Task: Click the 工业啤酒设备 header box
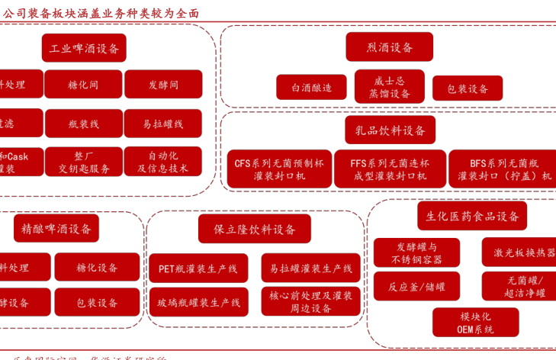pyautogui.click(x=84, y=48)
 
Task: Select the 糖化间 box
pyautogui.click(x=83, y=85)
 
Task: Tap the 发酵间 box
pyautogui.click(x=163, y=85)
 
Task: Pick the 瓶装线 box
pyautogui.click(x=83, y=124)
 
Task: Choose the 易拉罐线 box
pyautogui.click(x=163, y=124)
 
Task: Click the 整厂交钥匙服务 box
pyautogui.click(x=83, y=162)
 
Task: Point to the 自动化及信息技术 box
pyautogui.click(x=163, y=162)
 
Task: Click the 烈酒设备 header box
pyautogui.click(x=389, y=47)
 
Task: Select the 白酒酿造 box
pyautogui.click(x=311, y=88)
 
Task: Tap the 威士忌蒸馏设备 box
pyautogui.click(x=389, y=87)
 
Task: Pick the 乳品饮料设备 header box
pyautogui.click(x=390, y=130)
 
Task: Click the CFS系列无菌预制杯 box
pyautogui.click(x=279, y=169)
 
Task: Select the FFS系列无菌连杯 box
pyautogui.click(x=390, y=169)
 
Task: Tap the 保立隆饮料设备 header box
pyautogui.click(x=255, y=229)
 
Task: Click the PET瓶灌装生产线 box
pyautogui.click(x=198, y=268)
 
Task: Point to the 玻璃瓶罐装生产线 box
pyautogui.click(x=198, y=303)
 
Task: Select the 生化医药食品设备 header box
pyautogui.click(x=471, y=216)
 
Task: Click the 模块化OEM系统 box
pyautogui.click(x=475, y=323)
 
